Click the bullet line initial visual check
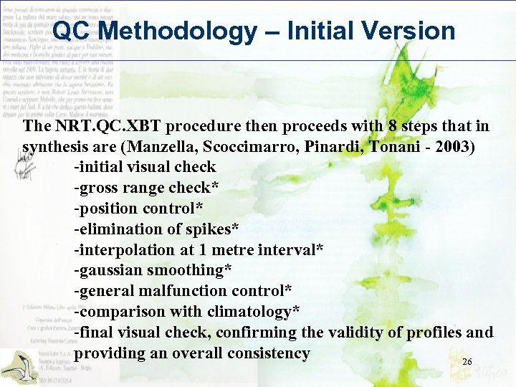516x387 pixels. pyautogui.click(x=145, y=167)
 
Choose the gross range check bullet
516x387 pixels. pyautogui.click(x=147, y=188)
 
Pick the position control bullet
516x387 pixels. pyautogui.click(x=138, y=209)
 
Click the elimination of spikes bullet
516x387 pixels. pyautogui.click(x=156, y=229)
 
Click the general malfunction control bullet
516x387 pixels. pyautogui.click(x=183, y=291)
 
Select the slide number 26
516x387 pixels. pyautogui.click(x=467, y=362)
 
